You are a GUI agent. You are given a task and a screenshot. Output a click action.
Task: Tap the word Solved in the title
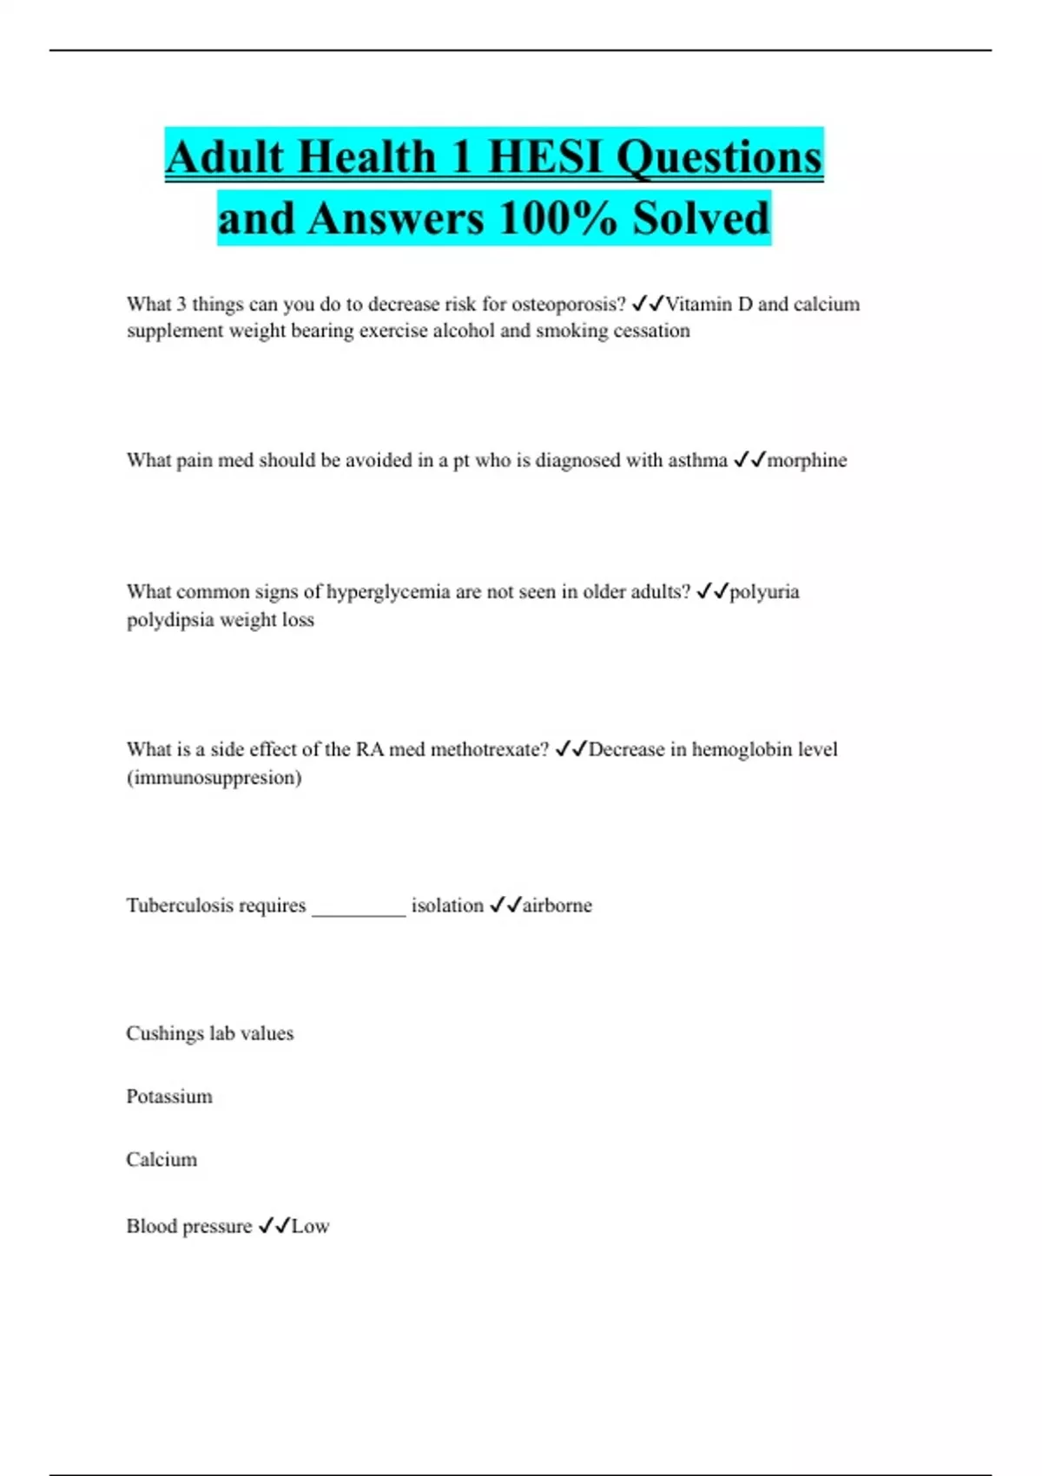701,218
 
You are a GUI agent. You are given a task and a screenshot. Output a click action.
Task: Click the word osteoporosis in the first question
568,304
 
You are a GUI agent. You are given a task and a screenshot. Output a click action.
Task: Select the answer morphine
807,460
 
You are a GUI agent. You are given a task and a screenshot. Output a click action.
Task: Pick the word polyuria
764,592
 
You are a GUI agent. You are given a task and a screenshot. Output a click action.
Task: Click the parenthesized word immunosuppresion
214,777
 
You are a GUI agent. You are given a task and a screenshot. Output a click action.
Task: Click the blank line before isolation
359,912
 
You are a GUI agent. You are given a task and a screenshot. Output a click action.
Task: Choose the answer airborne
557,906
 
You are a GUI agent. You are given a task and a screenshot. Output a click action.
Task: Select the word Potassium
169,1097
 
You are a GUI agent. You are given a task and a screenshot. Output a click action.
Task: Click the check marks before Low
274,1226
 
